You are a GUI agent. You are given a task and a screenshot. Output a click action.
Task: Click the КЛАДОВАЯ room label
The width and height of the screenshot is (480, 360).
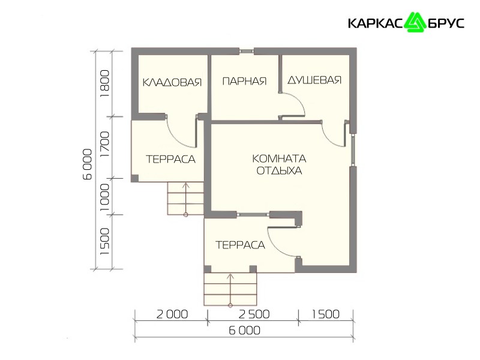[172, 82]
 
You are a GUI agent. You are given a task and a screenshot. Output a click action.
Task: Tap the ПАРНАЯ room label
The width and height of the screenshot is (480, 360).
[244, 81]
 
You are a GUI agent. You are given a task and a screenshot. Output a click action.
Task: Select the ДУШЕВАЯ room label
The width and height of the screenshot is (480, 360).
[314, 80]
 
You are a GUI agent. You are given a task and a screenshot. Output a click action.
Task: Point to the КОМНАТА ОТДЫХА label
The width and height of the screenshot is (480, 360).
[279, 164]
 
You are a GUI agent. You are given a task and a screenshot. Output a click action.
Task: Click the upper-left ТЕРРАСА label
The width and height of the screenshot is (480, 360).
[170, 159]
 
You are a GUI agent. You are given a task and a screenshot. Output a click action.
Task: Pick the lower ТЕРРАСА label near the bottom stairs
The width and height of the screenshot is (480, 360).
[241, 245]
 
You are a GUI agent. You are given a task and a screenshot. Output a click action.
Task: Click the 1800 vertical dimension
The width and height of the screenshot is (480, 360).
[104, 84]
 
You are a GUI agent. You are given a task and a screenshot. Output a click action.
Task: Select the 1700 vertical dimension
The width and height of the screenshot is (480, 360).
[104, 144]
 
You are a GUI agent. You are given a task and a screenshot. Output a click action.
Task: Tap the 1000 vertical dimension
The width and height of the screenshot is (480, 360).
[104, 197]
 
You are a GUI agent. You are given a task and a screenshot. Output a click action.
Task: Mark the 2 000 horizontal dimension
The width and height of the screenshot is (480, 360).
[172, 314]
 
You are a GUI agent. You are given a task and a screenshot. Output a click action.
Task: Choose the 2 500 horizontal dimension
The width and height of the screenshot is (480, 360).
[254, 314]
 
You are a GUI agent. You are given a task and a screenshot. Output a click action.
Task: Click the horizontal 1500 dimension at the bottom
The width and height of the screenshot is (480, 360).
[325, 314]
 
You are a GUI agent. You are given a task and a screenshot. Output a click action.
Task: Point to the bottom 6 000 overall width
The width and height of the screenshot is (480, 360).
[245, 331]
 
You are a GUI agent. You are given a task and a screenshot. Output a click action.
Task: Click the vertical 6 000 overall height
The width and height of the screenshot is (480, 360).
[88, 164]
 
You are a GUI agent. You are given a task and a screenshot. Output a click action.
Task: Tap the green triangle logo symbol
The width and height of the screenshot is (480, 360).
[415, 22]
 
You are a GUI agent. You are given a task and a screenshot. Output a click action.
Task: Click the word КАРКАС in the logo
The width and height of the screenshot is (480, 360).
[376, 23]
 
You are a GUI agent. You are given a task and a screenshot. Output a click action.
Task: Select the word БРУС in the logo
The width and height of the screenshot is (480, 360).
[445, 23]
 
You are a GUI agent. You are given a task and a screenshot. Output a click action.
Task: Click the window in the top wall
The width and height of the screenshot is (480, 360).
[246, 51]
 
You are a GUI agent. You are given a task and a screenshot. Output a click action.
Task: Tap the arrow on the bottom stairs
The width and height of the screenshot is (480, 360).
[230, 290]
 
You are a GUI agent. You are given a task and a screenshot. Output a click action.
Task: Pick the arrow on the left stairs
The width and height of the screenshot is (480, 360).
[185, 199]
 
